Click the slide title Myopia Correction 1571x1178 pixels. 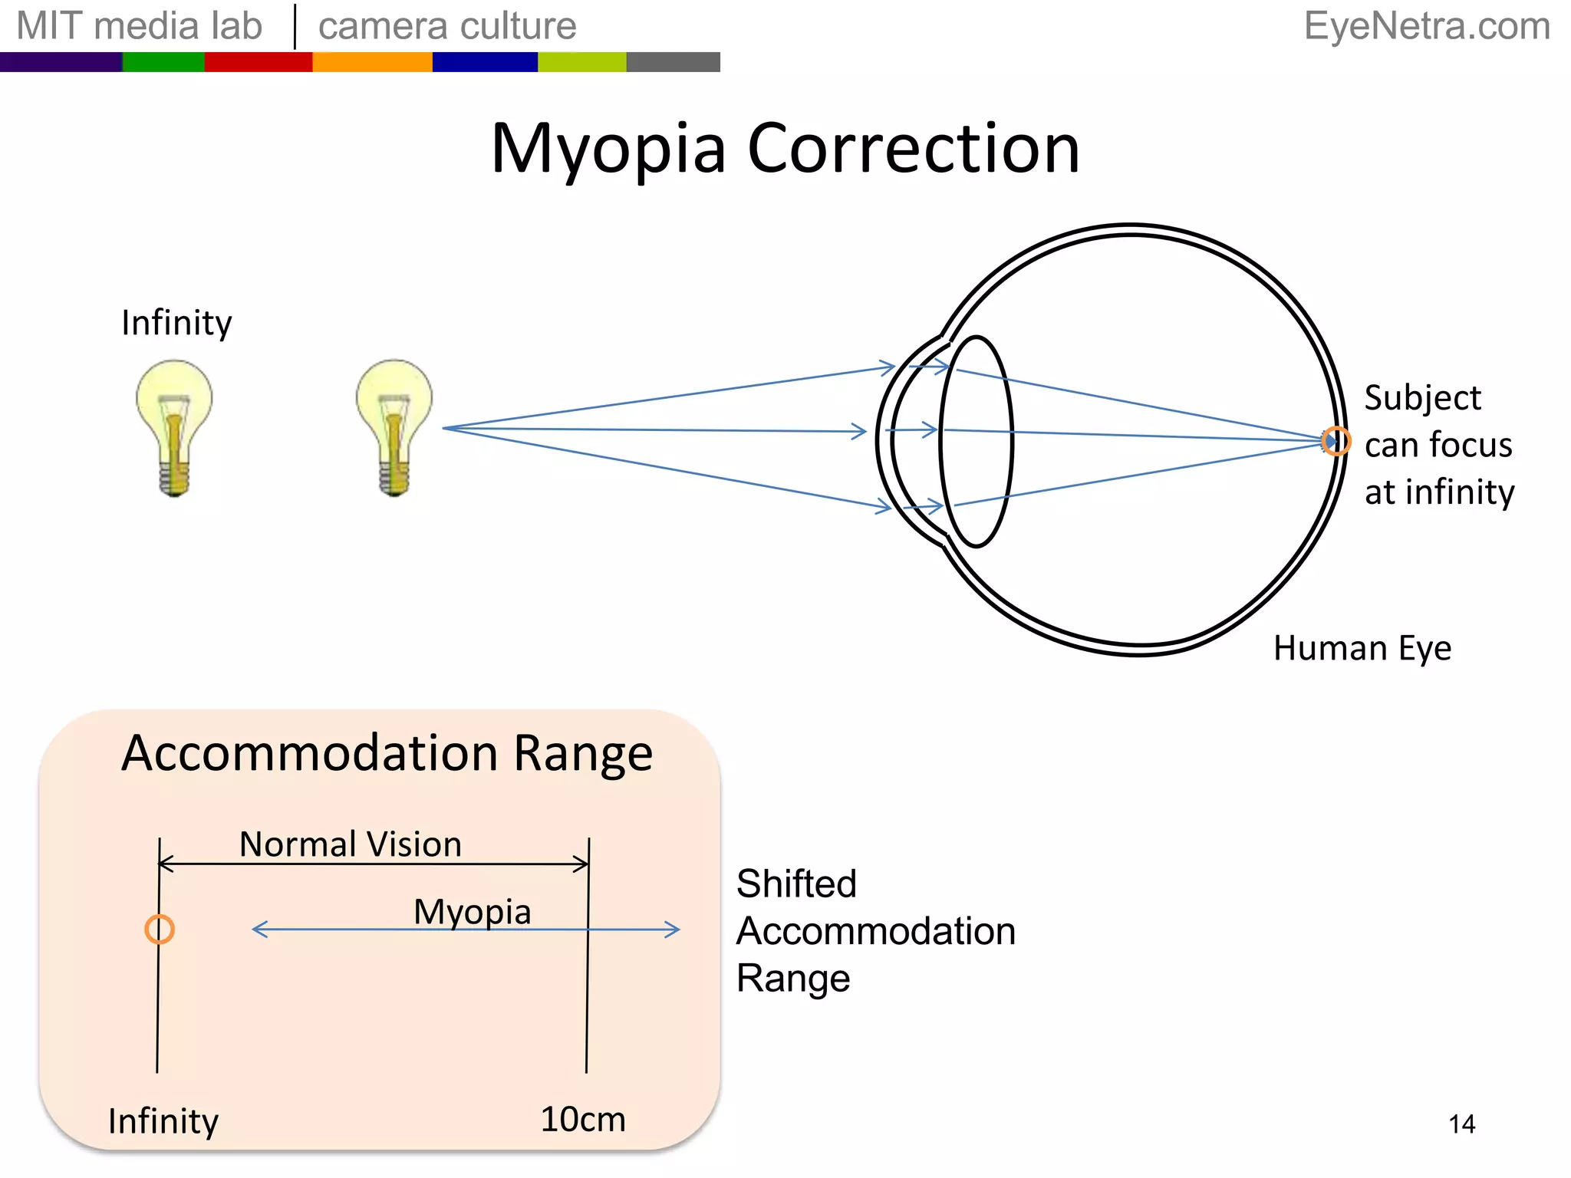click(785, 149)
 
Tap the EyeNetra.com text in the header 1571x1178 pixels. click(1427, 26)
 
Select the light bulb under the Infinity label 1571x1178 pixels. click(174, 427)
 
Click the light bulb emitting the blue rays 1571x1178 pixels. click(394, 427)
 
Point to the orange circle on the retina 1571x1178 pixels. click(1336, 441)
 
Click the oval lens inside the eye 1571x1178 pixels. click(976, 442)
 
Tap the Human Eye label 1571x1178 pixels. click(1362, 649)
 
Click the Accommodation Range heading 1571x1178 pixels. click(387, 753)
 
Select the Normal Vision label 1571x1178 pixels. click(351, 844)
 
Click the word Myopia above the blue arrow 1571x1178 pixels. click(472, 912)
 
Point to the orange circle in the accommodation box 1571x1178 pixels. click(160, 930)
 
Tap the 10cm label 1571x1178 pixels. click(583, 1120)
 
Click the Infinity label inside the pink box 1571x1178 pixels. click(163, 1121)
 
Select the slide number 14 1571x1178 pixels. click(1461, 1124)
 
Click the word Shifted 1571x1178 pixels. click(796, 883)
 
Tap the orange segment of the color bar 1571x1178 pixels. click(372, 62)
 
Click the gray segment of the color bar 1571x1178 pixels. click(673, 62)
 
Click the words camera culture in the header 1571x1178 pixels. click(447, 26)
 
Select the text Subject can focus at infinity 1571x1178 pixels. click(1438, 445)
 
